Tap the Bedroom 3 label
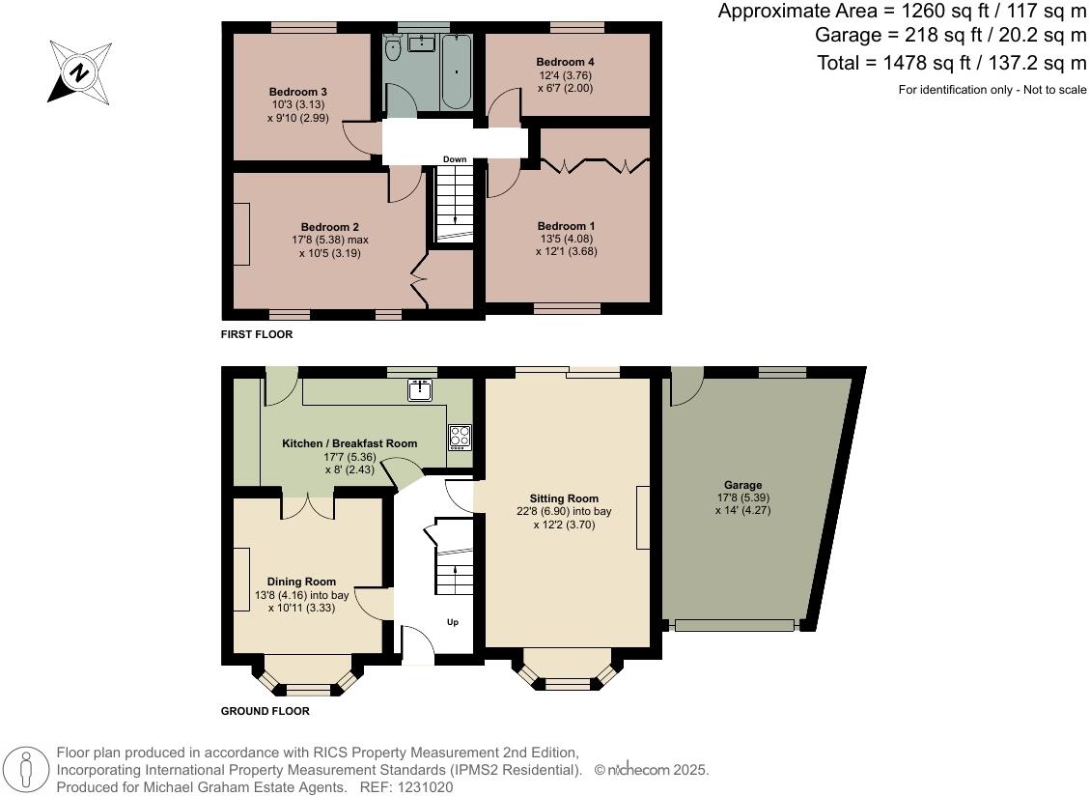tap(298, 92)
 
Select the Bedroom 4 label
tap(565, 62)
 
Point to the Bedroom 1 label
tap(566, 226)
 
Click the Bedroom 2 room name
tap(330, 227)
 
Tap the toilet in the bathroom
tap(393, 48)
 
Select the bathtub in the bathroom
tap(456, 71)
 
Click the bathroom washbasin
tap(421, 43)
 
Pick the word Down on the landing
tap(455, 159)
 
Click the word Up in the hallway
tap(453, 622)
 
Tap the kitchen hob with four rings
tap(461, 437)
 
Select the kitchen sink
tap(420, 390)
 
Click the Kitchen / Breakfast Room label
tap(349, 443)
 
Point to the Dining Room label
tap(301, 582)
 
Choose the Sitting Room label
tap(564, 498)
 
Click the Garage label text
tap(743, 485)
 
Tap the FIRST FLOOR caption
tap(257, 334)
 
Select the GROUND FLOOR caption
tap(266, 711)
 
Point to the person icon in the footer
tap(26, 770)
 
